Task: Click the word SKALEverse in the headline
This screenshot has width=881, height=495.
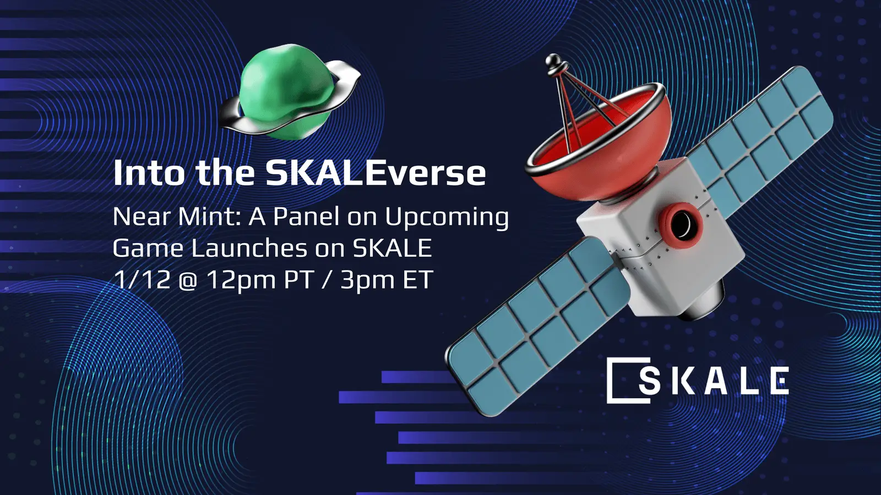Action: coord(376,173)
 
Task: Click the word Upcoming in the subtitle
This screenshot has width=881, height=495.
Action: coord(447,218)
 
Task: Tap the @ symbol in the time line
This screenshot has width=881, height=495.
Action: coord(188,281)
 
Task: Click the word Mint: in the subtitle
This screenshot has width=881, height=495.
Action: coord(209,217)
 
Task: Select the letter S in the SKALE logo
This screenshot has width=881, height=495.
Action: coord(650,381)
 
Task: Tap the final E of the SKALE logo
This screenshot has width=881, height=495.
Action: coord(779,381)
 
